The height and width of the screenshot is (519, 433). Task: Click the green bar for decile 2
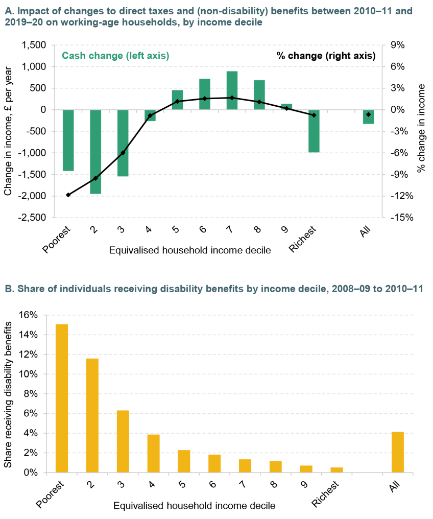[95, 151]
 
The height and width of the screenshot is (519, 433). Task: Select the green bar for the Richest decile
[314, 131]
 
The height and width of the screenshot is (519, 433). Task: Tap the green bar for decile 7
[232, 90]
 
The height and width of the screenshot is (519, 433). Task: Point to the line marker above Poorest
[68, 195]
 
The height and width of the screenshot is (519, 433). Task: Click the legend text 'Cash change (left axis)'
[115, 56]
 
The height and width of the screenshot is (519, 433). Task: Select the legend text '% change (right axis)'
[326, 56]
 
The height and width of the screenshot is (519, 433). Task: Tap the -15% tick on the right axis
[400, 218]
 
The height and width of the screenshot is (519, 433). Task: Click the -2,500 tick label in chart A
[33, 218]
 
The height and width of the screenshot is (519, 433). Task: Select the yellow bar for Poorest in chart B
[62, 398]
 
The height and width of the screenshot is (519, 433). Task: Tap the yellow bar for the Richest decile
[336, 470]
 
